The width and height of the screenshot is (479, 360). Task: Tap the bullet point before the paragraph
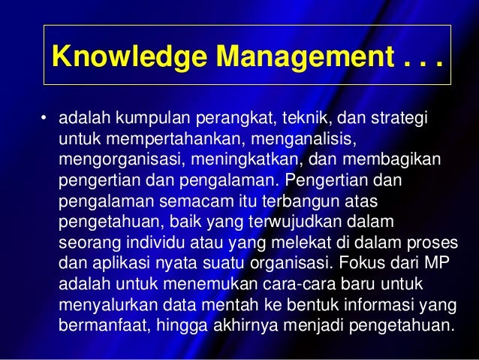44,118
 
